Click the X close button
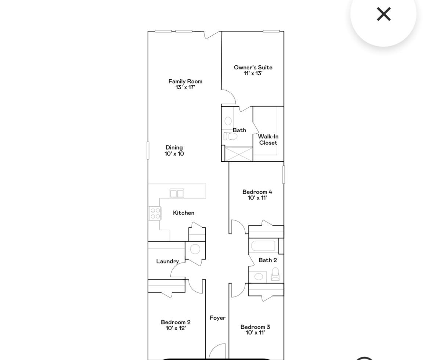383,14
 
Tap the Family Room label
185,84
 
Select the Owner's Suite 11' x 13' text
253,70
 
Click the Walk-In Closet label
268,140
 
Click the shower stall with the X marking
239,154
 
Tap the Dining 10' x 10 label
174,151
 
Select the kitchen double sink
177,193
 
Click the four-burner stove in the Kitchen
155,213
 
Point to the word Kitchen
183,213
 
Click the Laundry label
167,261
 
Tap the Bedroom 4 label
257,195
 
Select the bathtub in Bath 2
263,245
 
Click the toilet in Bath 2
275,274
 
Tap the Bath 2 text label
267,260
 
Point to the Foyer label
217,318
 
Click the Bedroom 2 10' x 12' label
176,325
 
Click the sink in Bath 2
259,276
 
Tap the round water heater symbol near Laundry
195,249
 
